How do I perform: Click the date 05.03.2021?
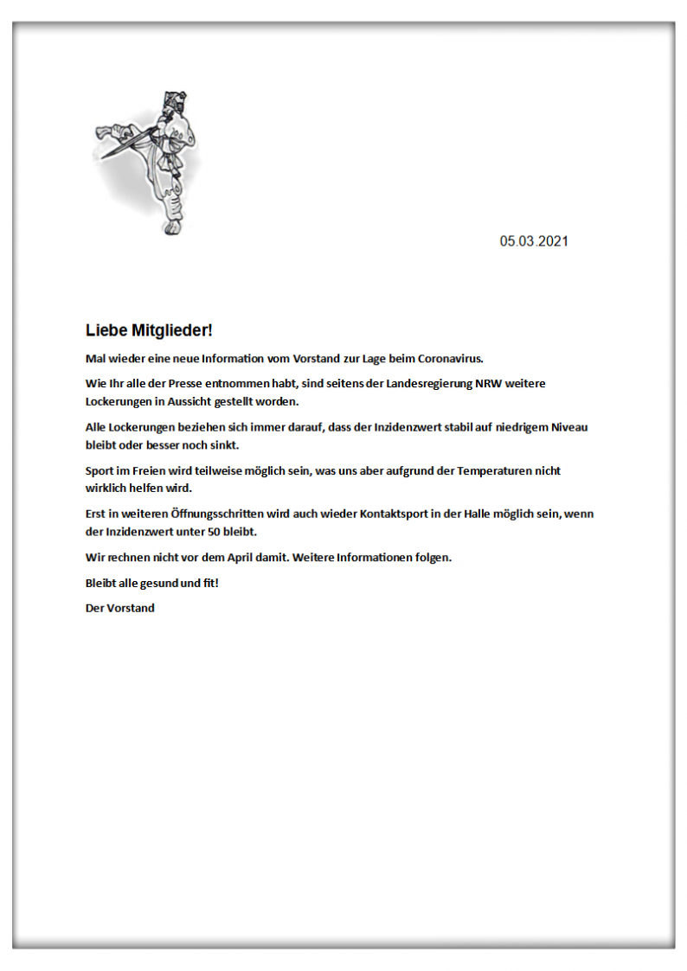point(534,241)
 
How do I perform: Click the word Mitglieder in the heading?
point(171,330)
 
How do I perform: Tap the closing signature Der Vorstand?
point(120,608)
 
